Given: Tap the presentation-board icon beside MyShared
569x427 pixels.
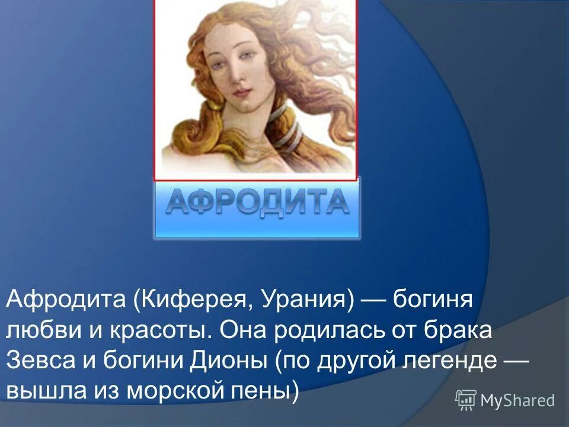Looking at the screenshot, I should click(466, 400).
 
